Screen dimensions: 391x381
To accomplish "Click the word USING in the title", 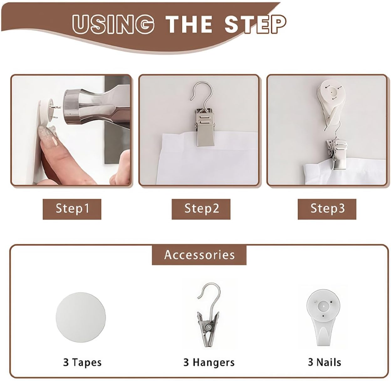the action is tap(113, 24).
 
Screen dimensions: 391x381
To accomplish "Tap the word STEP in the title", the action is tap(255, 24).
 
